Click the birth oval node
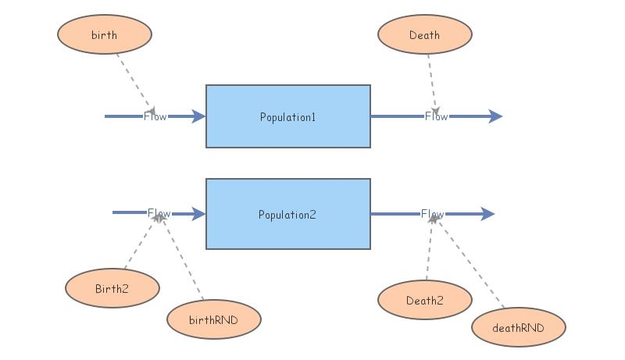(105, 35)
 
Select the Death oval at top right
(424, 35)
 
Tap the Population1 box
(287, 116)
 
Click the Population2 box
(287, 214)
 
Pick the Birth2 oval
(112, 288)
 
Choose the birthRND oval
(213, 319)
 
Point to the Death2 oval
(424, 301)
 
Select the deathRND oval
(519, 327)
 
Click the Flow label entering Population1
(155, 116)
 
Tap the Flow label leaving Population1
(436, 116)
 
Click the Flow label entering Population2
(159, 213)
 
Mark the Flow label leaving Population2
(432, 214)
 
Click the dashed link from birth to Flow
(134, 82)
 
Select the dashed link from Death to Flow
(432, 82)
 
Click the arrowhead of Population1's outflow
(495, 116)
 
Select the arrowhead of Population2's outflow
(487, 214)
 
